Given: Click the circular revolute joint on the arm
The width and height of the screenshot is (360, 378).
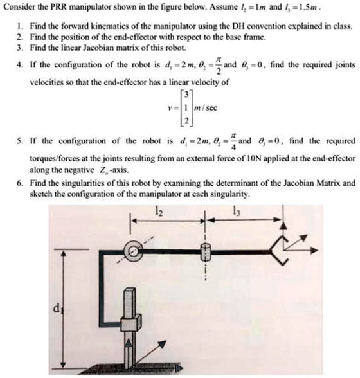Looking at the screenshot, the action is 134,251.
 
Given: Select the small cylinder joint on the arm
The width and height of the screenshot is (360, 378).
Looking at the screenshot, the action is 205,252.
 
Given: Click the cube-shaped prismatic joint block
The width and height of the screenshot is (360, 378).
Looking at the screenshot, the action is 131,325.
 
